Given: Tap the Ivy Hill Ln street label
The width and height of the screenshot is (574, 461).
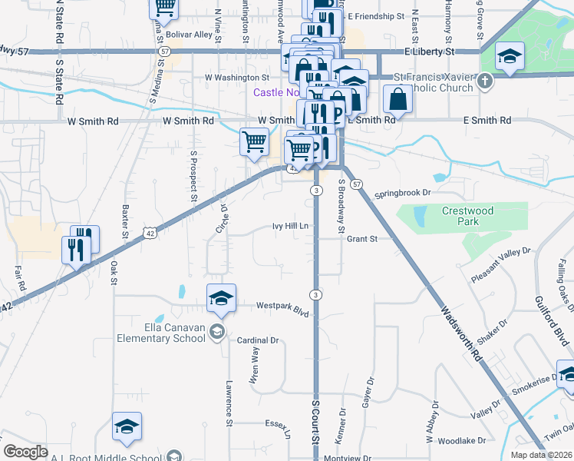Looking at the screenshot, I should (x=290, y=226).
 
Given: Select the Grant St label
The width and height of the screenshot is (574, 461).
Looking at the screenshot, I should (x=362, y=239).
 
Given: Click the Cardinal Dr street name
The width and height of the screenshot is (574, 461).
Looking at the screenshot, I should (x=257, y=340).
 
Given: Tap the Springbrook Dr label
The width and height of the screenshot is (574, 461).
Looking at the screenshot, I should (x=404, y=194).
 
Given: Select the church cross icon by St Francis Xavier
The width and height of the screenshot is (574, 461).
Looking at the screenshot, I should (x=485, y=80).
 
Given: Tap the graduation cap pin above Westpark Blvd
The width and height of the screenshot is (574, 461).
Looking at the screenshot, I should (x=221, y=297).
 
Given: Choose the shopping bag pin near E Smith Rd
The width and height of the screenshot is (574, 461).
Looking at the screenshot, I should (x=398, y=99).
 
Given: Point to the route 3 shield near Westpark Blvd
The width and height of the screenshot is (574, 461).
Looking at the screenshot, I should (x=315, y=295).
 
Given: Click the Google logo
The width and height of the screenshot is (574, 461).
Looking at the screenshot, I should (x=25, y=452).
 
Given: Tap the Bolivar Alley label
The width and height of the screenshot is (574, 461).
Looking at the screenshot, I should (x=192, y=35).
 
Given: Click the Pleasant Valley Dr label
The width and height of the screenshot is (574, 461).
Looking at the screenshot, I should (x=501, y=264).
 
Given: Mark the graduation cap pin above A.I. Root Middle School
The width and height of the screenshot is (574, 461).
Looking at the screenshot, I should (x=127, y=427).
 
